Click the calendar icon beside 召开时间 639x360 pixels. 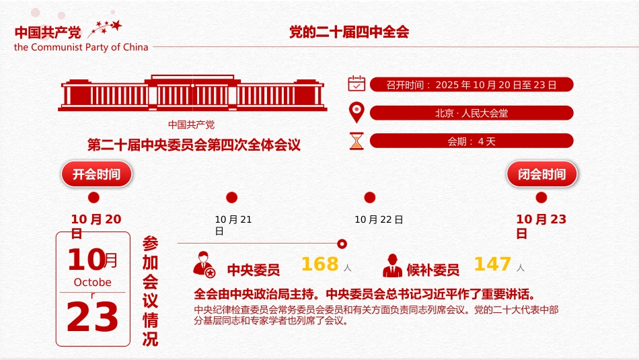pos(356,83)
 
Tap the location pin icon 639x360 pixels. pos(356,112)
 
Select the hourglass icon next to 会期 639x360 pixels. pos(356,141)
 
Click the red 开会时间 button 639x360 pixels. pos(97,174)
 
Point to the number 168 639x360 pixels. pos(319,264)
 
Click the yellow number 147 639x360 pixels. pos(492,264)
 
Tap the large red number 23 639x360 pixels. pos(93,318)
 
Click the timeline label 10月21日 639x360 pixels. pos(233,225)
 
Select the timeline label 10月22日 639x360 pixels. pos(379,219)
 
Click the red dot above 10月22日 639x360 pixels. pos(369,197)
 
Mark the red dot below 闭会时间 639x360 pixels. pos(541,197)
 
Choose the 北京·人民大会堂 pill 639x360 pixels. pos(472,113)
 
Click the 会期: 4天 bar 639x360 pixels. pos(472,141)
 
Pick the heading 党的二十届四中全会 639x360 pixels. pos(349,32)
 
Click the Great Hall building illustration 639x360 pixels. pos(193,94)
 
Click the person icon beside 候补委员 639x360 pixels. pos(392,266)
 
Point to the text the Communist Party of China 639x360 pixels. pos(81,47)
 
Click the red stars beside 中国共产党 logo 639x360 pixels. pos(108,28)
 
